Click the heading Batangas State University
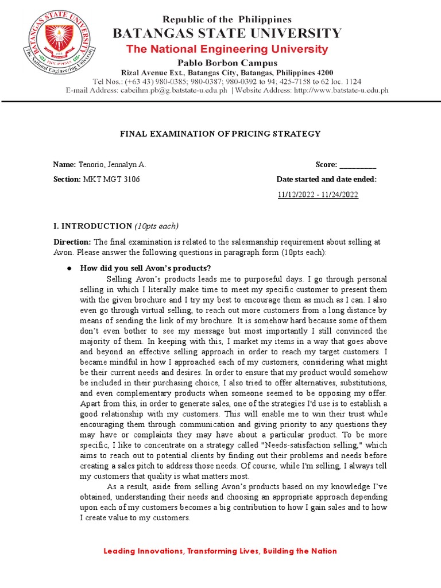[x=227, y=33]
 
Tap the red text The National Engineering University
[x=227, y=49]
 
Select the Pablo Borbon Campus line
[x=227, y=63]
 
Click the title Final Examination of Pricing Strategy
[x=220, y=134]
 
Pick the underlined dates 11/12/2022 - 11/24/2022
[x=318, y=195]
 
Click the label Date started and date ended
[x=326, y=179]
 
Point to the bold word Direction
[x=72, y=242]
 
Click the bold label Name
[x=64, y=165]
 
